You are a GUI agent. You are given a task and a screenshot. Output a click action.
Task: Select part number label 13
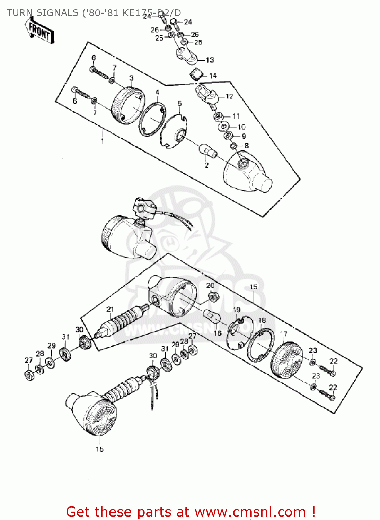210,60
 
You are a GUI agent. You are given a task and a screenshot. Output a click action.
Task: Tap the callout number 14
213,76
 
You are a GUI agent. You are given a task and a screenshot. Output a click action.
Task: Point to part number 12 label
229,96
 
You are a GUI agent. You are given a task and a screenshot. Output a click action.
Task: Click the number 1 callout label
102,141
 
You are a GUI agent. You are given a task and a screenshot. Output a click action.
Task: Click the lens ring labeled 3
127,104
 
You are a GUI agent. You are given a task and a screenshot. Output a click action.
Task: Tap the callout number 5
179,103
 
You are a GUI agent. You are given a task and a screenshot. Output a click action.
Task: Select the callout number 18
262,320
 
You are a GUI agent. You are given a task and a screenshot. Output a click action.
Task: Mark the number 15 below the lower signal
100,449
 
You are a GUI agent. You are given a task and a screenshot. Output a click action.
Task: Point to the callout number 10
241,127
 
